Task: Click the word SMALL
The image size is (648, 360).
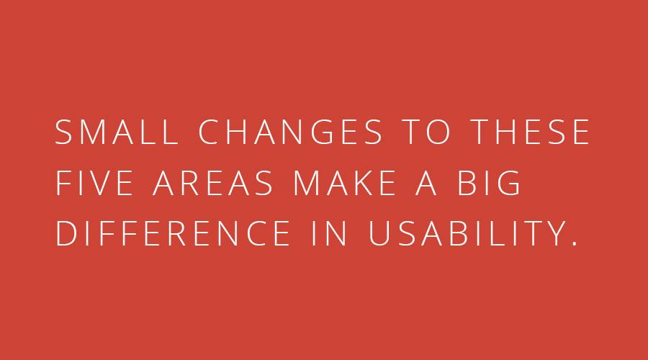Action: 117,132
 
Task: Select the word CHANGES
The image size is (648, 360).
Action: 290,132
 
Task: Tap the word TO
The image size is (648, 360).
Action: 426,132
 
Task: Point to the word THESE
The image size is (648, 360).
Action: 530,132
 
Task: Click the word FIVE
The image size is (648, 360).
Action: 94,183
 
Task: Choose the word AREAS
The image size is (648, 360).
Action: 212,183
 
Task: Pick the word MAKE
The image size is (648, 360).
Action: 344,183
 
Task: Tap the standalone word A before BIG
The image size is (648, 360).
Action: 426,183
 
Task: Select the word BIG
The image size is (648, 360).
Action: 488,183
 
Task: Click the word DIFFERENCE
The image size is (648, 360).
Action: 173,233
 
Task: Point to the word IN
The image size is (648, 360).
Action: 329,233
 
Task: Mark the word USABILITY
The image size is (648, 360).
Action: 467,233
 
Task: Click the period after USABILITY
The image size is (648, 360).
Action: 574,244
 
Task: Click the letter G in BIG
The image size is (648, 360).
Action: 508,183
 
